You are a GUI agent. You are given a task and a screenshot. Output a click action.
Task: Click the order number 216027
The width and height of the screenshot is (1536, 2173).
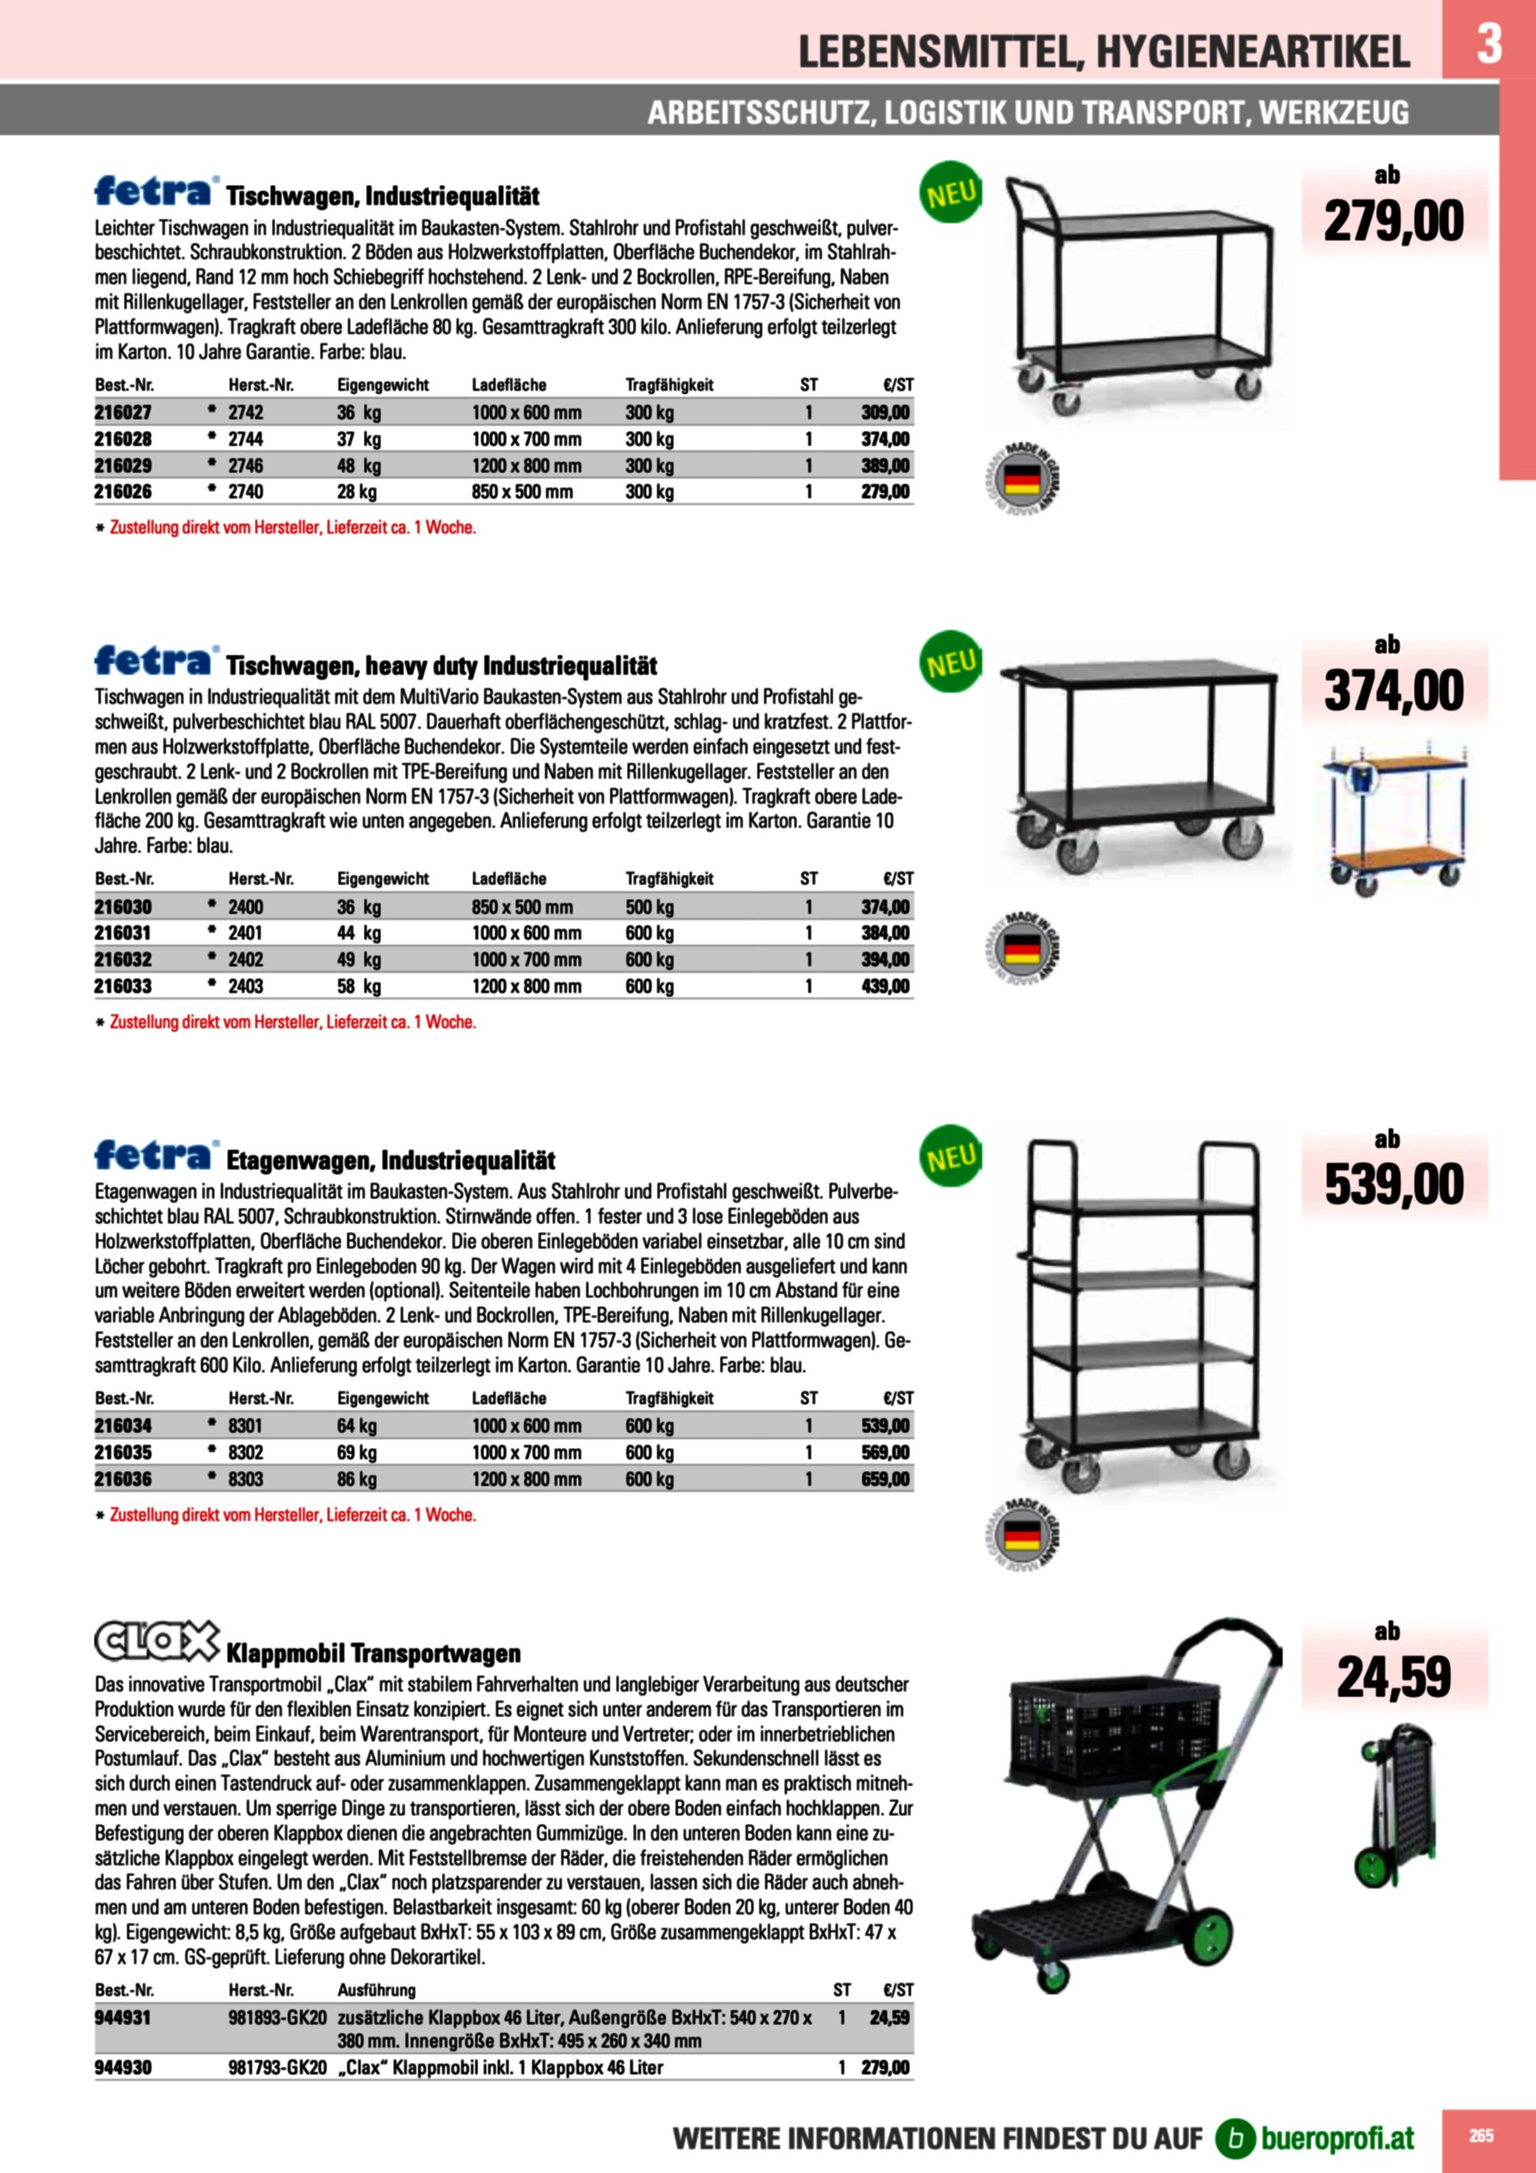pos(123,413)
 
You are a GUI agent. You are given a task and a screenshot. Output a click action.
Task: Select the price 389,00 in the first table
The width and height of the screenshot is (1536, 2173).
pos(885,465)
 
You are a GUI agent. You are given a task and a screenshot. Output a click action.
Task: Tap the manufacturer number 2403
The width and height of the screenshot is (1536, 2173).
pos(246,986)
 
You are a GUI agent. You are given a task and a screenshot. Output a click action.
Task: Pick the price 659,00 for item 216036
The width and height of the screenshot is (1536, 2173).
pos(885,1480)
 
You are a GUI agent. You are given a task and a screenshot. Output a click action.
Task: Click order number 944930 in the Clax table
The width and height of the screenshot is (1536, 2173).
pos(123,2068)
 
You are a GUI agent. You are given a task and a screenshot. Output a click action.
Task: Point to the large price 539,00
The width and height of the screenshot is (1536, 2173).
pos(1393,1185)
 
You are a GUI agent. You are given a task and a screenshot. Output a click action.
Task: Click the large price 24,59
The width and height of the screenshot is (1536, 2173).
pos(1393,1678)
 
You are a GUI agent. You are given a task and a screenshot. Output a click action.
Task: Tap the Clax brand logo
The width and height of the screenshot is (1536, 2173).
pos(157,1642)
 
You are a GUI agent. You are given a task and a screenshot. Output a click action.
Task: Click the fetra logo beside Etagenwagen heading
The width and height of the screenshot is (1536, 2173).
pos(155,1154)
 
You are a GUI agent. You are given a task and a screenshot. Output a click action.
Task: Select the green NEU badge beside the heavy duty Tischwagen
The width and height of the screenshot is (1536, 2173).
pos(950,662)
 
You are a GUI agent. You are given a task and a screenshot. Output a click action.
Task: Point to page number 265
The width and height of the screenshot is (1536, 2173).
pos(1481,2135)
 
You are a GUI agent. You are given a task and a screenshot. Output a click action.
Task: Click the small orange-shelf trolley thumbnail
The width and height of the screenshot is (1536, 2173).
pos(1397,819)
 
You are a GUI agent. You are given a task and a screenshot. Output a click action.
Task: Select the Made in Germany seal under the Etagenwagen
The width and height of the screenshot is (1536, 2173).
pos(1022,1535)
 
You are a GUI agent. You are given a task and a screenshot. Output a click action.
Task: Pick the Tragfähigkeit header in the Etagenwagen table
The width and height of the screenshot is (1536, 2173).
pos(669,1398)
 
